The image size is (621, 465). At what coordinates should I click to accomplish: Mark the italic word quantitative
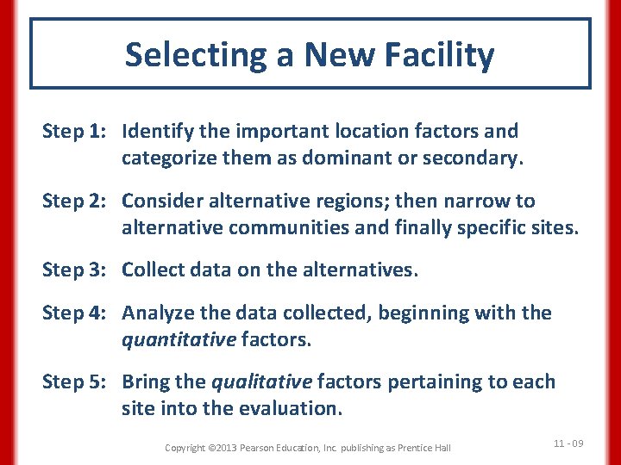(179, 340)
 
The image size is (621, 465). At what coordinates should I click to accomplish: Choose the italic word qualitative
(263, 381)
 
